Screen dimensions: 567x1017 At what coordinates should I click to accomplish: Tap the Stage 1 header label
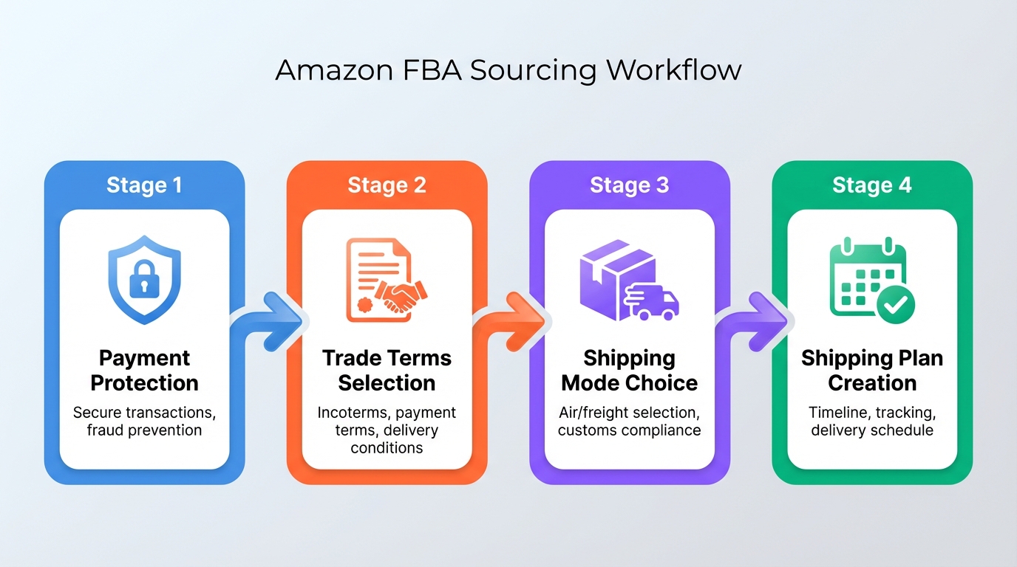[144, 185]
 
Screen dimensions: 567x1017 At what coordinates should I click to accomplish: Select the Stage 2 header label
[387, 185]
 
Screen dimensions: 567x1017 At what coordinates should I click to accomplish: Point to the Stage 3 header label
[629, 185]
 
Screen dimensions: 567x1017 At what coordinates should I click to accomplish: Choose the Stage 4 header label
[871, 185]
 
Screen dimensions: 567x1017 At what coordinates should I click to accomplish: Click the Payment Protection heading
[144, 371]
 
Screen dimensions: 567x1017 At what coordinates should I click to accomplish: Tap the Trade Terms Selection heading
[387, 371]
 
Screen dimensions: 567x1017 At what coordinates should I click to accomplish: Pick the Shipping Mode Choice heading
[629, 371]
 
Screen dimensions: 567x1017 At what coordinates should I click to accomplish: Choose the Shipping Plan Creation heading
[871, 371]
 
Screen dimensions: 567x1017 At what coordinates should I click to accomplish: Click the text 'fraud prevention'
[144, 430]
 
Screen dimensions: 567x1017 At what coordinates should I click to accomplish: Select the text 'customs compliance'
[629, 430]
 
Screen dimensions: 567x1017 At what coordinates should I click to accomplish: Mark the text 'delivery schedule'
[871, 430]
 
